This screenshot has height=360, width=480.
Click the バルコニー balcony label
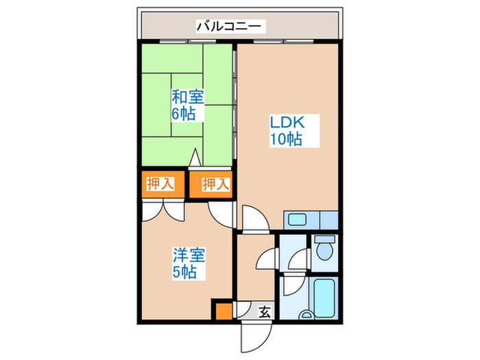[x=230, y=27]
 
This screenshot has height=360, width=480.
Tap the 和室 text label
[x=188, y=97]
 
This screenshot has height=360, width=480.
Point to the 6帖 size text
[x=183, y=114]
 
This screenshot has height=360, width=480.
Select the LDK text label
[x=287, y=123]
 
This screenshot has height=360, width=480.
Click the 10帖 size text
[x=286, y=139]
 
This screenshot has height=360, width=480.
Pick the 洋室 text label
[x=189, y=256]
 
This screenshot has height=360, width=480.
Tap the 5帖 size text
[x=184, y=272]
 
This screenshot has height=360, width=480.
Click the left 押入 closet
[x=163, y=184]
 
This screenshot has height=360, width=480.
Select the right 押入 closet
[x=211, y=184]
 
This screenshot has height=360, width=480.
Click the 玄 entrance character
[x=265, y=312]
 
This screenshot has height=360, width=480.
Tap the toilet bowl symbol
[x=325, y=251]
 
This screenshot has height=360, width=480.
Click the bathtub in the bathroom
[x=324, y=298]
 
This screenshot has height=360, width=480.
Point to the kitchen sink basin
[x=298, y=219]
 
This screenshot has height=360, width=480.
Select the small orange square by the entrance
[x=224, y=311]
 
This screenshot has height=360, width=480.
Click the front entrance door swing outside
[x=256, y=337]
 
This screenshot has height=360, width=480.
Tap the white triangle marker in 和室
[x=195, y=158]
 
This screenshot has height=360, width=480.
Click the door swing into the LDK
[x=256, y=218]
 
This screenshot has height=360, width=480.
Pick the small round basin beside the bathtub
[x=306, y=315]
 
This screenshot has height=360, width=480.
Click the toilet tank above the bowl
[x=325, y=239]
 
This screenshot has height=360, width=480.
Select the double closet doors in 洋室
[x=163, y=211]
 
